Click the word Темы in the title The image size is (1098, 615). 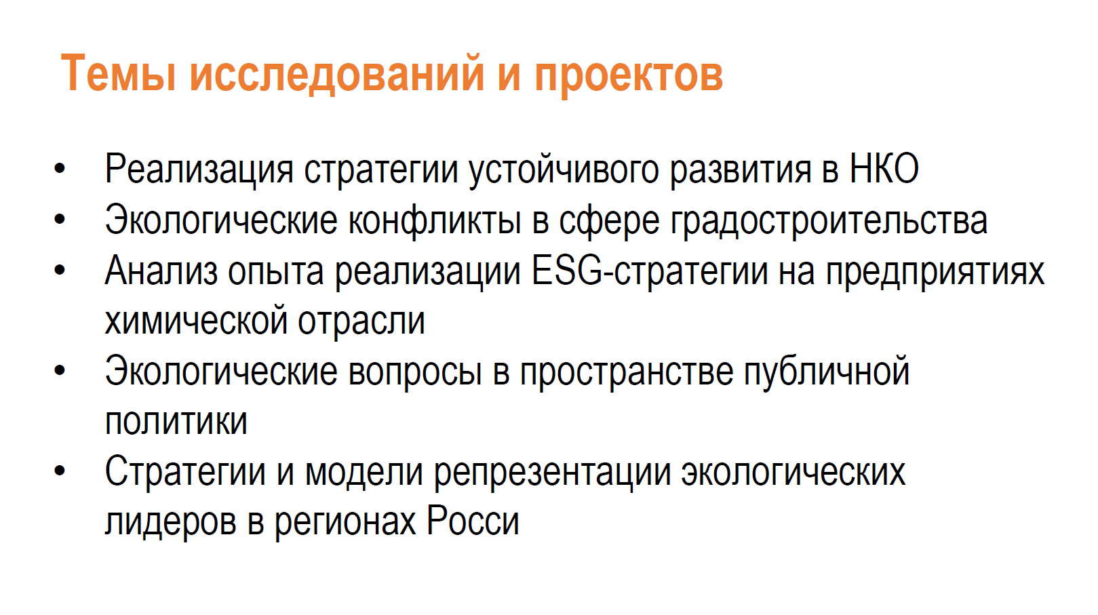pos(118,73)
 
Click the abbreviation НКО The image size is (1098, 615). pos(884,169)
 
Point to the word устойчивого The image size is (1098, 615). pos(564,171)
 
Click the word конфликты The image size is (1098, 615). pos(434,220)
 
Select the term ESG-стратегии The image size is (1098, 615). pos(650,271)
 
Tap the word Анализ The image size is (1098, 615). pos(161,271)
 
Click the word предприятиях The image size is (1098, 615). pos(935,272)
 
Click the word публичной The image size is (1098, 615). pos(827,372)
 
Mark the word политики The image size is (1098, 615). pos(176,422)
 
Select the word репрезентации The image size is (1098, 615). pos(552,473)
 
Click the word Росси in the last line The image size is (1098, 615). pos(473,521)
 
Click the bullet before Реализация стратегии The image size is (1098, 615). pos(59,169)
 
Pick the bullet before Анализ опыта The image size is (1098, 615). pos(59,270)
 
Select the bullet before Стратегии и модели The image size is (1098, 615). pos(59,471)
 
